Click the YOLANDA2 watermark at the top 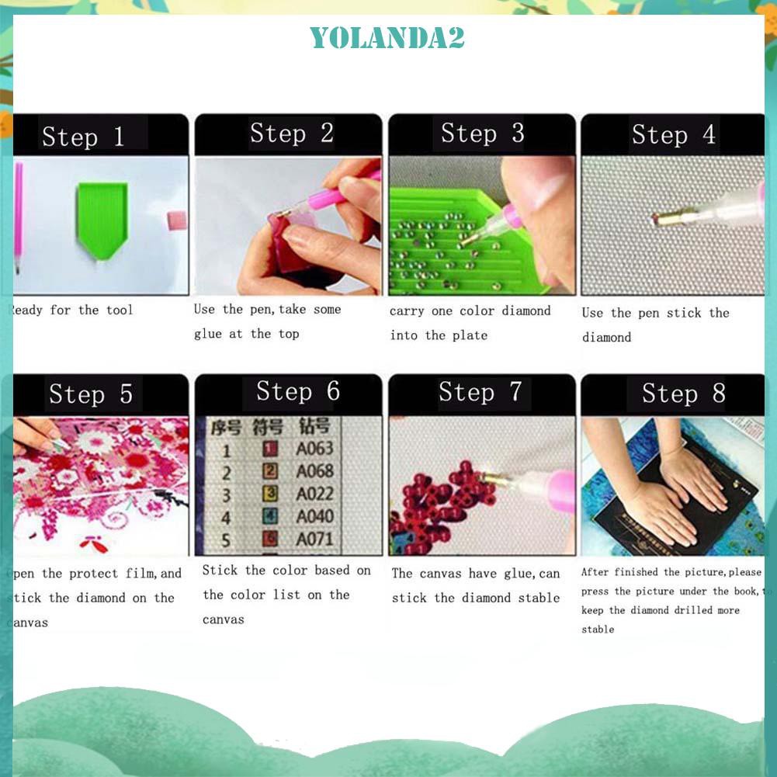click(x=387, y=36)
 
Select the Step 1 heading click(x=83, y=137)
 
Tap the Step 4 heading click(x=673, y=135)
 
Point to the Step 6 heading click(x=298, y=392)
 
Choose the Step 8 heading click(x=683, y=394)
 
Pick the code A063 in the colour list click(x=314, y=448)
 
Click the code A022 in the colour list click(x=314, y=493)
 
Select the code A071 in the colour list click(x=314, y=539)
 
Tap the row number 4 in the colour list click(x=226, y=517)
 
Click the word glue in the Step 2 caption click(x=208, y=334)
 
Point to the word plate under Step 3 click(x=470, y=335)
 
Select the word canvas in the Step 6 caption click(x=224, y=619)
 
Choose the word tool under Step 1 click(x=120, y=310)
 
